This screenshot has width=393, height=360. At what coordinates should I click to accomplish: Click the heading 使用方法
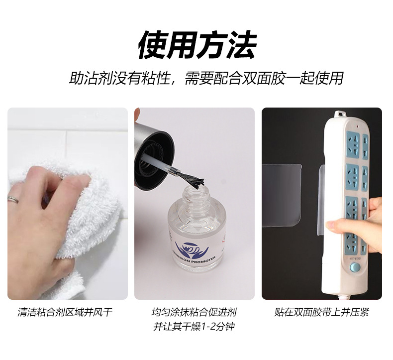(x=196, y=45)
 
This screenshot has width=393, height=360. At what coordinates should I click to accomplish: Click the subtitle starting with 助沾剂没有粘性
(x=206, y=78)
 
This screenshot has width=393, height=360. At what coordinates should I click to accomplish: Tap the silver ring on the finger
(x=13, y=200)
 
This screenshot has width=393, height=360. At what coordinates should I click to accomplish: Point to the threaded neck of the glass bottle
(x=194, y=202)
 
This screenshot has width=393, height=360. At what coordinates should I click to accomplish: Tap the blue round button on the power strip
(x=355, y=267)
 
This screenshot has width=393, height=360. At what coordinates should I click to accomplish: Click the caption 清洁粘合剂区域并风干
(x=65, y=313)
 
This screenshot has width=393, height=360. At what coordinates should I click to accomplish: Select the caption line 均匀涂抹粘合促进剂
(x=194, y=313)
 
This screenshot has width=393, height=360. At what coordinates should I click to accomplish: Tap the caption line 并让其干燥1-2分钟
(x=194, y=327)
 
